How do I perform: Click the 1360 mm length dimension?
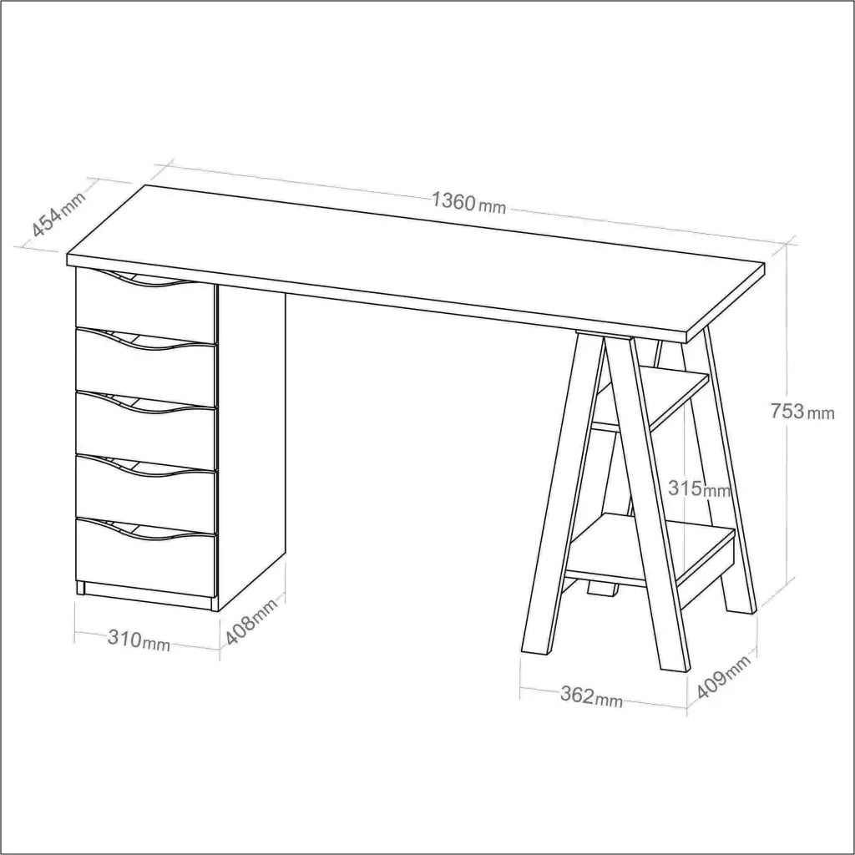pos(469,204)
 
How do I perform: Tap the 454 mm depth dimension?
pos(59,215)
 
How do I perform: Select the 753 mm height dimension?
pos(802,411)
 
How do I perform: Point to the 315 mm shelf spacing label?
pos(700,488)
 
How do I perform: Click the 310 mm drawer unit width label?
pos(139,639)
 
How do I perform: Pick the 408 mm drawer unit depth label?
pos(251,621)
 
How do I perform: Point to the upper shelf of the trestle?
pos(655,401)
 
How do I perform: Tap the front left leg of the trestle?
pos(563,493)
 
